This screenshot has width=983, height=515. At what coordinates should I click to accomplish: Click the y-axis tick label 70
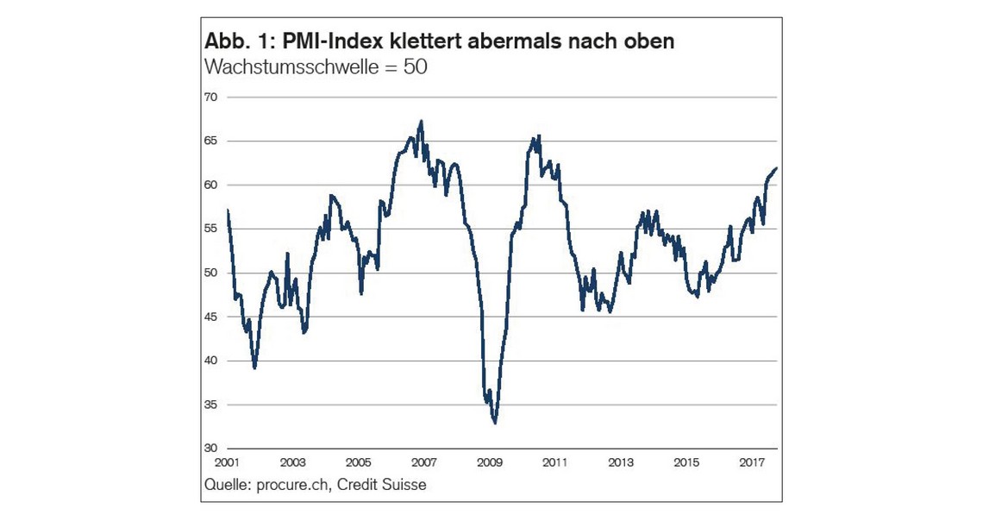210,97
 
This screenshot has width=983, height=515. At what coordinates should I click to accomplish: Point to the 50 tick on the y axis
210,273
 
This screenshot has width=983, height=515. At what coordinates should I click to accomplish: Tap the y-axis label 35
210,405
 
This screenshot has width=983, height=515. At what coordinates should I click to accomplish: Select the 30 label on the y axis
210,449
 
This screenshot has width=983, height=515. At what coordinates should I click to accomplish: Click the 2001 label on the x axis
227,462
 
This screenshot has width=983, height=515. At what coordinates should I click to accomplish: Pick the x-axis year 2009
490,462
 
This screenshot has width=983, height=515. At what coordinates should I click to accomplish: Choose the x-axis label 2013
621,462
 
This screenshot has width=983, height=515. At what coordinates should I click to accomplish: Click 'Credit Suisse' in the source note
382,485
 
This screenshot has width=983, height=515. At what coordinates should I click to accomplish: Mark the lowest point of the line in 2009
495,423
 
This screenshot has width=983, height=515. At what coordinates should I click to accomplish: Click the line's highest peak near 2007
421,121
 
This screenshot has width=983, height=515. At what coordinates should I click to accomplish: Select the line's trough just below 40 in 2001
254,367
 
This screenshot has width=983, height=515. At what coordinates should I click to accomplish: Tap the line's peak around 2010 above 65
539,135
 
